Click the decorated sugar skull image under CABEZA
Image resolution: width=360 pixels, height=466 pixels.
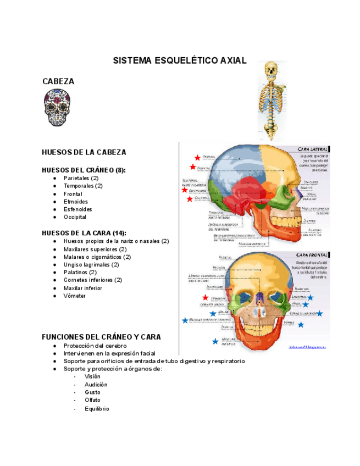57,108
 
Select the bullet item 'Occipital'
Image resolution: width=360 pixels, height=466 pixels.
75,217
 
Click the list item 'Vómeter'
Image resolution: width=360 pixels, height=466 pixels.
75,296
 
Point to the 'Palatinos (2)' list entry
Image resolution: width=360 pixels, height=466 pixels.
80,272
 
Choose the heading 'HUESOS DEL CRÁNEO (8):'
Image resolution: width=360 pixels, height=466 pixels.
84,170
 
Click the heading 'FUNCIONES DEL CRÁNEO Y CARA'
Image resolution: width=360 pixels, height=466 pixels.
101,336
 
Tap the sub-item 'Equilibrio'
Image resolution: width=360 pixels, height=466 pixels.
97,409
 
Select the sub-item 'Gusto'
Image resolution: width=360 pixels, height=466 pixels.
92,392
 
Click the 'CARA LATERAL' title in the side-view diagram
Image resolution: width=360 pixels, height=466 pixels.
312,149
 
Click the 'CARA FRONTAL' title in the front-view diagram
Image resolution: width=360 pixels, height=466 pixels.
312,255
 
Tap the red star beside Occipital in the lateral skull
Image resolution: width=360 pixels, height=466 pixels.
190,199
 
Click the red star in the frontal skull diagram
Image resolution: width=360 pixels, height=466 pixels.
206,297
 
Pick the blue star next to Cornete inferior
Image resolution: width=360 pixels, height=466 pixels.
319,313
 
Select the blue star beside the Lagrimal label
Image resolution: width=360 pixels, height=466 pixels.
311,297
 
